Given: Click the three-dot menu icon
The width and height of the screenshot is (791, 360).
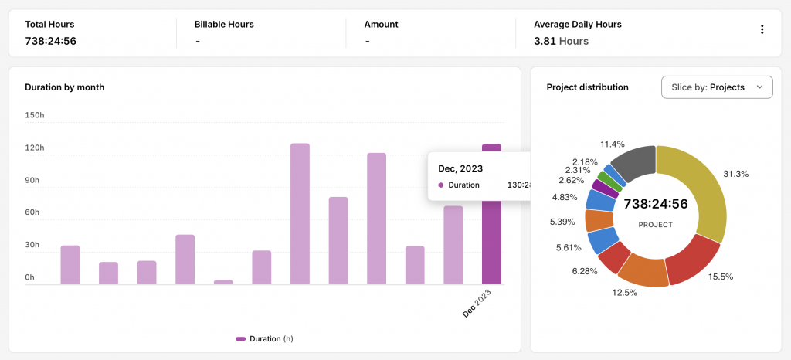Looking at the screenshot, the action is click(762, 30).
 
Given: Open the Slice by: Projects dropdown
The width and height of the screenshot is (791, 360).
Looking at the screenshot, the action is click(717, 87).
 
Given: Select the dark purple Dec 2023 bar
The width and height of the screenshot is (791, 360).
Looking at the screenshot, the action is click(491, 214).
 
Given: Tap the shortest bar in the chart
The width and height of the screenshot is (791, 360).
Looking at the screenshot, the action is click(223, 282).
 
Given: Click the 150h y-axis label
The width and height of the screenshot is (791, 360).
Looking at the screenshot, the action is click(35, 115).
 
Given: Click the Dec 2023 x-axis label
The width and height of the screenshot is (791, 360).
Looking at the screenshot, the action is click(477, 303).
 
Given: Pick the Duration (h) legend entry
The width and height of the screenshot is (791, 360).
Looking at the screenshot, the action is click(264, 339).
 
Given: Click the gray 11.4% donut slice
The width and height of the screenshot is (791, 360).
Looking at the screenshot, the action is click(636, 163).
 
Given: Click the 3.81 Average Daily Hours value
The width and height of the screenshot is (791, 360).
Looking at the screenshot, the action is click(545, 42).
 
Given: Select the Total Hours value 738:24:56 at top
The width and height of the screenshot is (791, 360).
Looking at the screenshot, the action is click(50, 42).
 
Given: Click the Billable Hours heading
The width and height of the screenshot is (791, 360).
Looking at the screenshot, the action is click(224, 24).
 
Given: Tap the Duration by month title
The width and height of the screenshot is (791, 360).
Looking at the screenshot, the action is click(65, 87).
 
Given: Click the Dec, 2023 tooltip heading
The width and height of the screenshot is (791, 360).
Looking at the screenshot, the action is click(460, 169).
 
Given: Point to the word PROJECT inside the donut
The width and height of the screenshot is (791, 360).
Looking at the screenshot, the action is click(656, 225).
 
